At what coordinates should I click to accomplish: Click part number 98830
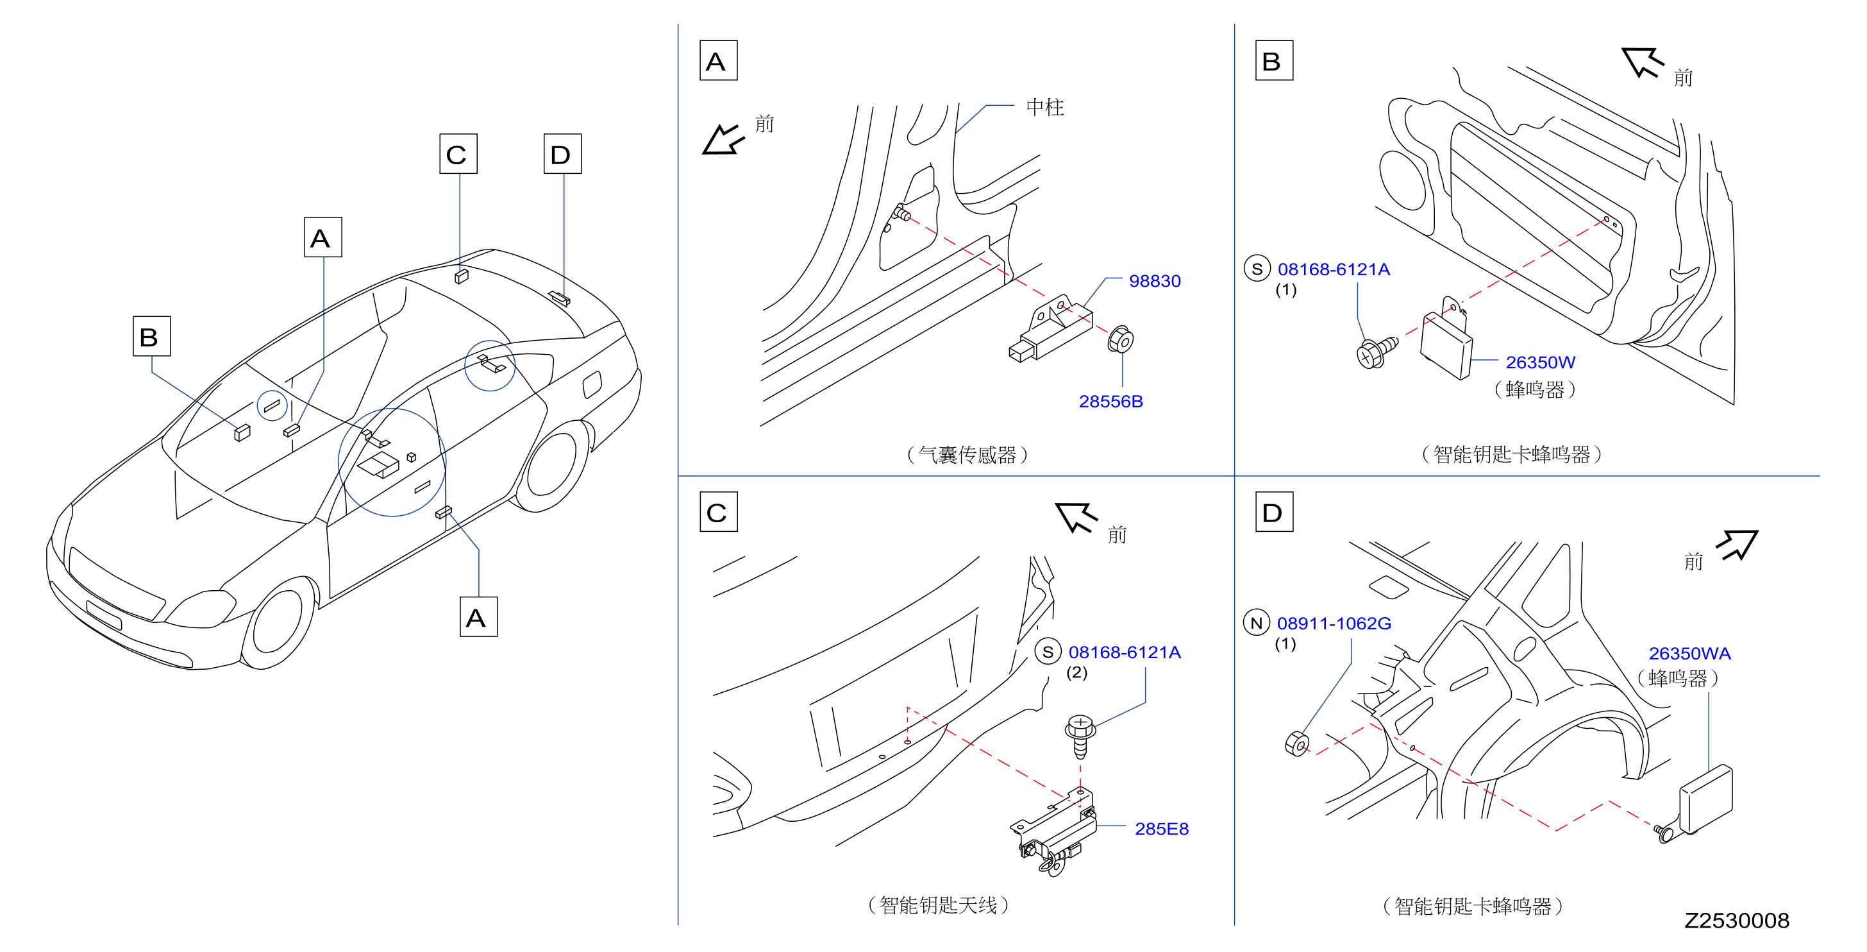1155,282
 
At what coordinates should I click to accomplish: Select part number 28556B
1110,402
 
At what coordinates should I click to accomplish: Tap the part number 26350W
1540,362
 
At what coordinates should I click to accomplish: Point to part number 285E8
1161,829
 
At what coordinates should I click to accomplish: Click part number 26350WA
1689,653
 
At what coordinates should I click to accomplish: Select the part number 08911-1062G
1334,624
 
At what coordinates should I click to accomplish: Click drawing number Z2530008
1737,921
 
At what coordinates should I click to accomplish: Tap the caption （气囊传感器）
967,455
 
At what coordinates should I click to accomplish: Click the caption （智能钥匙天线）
938,905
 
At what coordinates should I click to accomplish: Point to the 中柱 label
1044,107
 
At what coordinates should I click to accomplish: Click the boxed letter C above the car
458,154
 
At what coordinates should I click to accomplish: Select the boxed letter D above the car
562,154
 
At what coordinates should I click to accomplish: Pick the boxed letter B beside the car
151,336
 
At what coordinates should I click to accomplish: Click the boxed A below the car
478,617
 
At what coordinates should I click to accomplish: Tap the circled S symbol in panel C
1047,652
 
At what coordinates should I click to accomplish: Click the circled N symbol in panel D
1256,623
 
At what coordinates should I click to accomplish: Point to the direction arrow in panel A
723,139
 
